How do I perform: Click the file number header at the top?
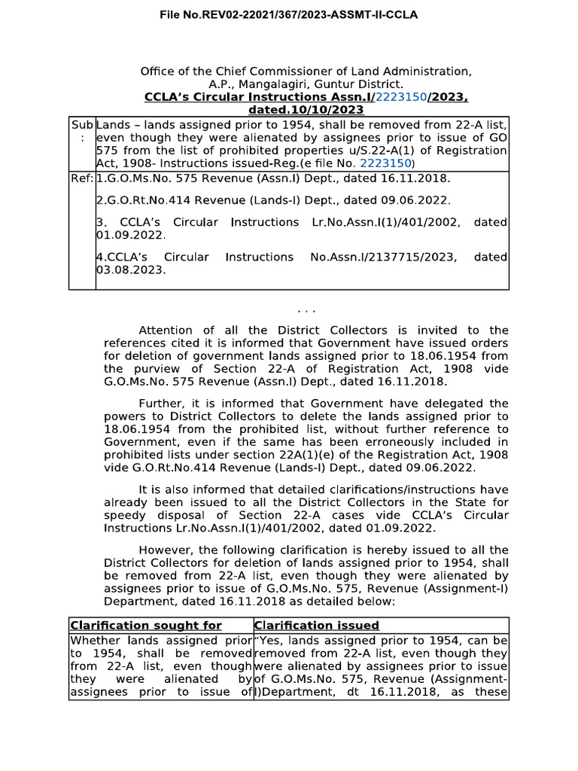[x=288, y=14]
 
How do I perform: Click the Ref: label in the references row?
[x=82, y=178]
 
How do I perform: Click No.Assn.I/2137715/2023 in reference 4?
[x=383, y=257]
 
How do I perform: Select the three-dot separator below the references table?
[x=306, y=309]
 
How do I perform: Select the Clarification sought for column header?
[x=146, y=626]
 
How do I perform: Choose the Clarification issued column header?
[x=317, y=626]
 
